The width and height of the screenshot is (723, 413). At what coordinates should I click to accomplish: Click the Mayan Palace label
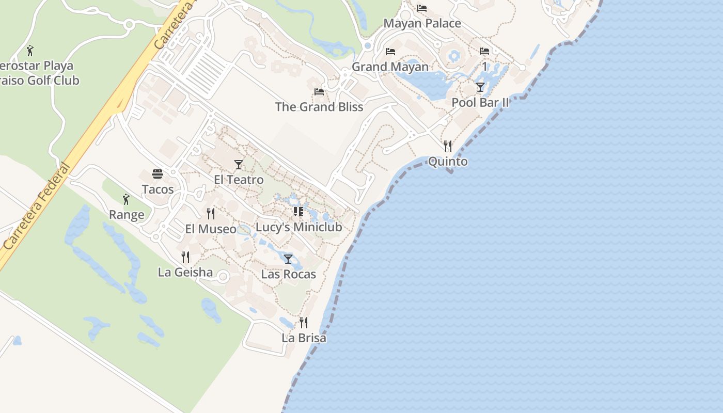[x=422, y=24]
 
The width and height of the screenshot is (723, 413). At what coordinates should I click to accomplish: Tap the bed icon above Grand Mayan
[x=390, y=52]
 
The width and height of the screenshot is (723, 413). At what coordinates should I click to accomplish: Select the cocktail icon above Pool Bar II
[x=480, y=87]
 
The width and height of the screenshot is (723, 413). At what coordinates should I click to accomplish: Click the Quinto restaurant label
[x=448, y=162]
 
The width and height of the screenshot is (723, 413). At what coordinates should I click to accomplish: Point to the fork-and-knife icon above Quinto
[x=448, y=146]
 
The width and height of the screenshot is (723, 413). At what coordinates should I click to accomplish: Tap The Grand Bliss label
[x=319, y=107]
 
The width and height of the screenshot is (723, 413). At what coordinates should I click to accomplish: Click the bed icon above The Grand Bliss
[x=319, y=92]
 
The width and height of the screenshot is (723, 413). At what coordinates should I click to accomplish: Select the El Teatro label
[x=239, y=180]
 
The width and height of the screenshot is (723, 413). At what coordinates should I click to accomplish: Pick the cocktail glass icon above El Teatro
[x=239, y=165]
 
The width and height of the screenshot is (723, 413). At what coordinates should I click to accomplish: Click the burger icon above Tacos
[x=158, y=174]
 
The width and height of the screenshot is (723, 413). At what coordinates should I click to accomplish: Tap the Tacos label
[x=158, y=189]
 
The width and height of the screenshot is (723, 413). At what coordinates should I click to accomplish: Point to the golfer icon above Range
[x=126, y=199]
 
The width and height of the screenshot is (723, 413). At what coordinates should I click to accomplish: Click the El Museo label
[x=211, y=229]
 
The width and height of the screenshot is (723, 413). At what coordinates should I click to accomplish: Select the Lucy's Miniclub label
[x=298, y=227]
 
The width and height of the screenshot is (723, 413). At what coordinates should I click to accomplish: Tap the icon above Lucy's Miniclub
[x=298, y=212]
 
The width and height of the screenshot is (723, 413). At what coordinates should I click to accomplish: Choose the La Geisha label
[x=185, y=272]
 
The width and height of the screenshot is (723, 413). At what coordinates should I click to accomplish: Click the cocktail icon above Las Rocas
[x=288, y=259]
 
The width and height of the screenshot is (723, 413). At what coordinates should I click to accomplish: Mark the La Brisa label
[x=304, y=338]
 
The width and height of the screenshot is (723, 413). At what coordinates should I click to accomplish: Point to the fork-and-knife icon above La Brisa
[x=304, y=323]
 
